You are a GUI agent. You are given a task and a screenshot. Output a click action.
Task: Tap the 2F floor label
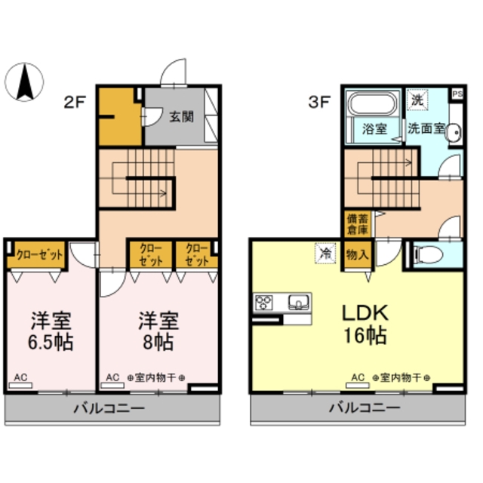(x=73, y=104)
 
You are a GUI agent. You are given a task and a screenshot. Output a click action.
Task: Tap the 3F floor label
(x=318, y=104)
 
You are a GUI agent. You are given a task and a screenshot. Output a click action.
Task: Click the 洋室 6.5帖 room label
(x=51, y=331)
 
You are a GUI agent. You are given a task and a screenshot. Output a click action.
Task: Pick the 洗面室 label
(x=428, y=128)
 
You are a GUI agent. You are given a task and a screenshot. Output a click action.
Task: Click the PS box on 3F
(x=457, y=94)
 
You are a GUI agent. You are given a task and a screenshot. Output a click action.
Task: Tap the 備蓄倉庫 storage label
(x=357, y=224)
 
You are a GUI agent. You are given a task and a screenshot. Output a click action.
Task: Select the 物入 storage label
(x=357, y=254)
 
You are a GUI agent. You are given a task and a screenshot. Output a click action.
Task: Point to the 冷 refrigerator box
(x=325, y=253)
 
